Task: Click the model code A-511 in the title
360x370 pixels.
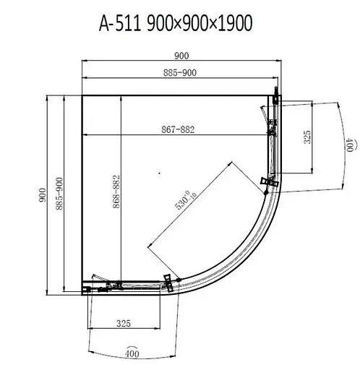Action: [120, 23]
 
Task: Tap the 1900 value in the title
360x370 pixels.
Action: [235, 23]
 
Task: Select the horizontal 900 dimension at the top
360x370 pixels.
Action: [181, 56]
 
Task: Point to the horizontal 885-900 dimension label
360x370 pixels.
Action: [180, 72]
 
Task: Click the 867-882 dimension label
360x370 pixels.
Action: [178, 129]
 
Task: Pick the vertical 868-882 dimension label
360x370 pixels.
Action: [116, 192]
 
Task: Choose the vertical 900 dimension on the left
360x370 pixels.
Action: [43, 195]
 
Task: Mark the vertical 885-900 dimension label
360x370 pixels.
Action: [59, 194]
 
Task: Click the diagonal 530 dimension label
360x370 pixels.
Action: [186, 199]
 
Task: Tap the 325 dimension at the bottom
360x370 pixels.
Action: [124, 324]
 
